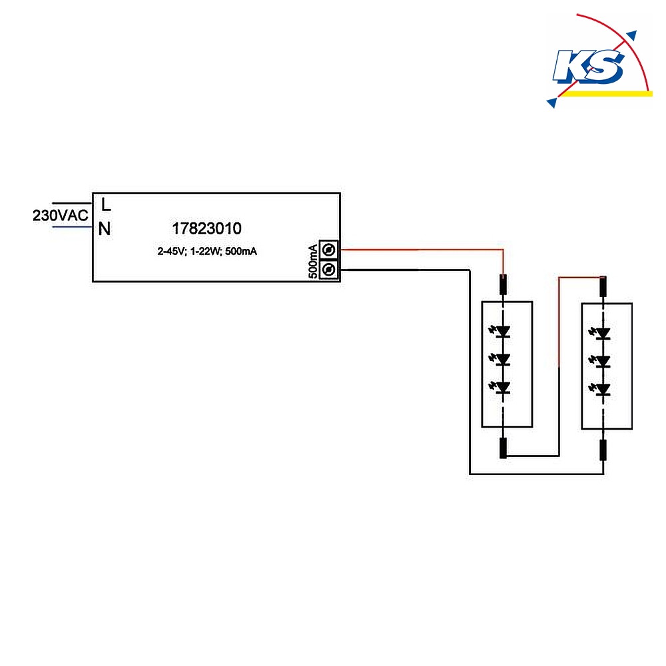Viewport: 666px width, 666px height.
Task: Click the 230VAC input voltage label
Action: coord(61,215)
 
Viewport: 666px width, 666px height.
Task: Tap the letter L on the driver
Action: coord(106,205)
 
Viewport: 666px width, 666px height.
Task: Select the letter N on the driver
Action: coord(105,229)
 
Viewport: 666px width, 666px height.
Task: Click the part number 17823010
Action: coord(207,228)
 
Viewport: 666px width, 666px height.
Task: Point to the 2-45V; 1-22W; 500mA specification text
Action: coord(207,252)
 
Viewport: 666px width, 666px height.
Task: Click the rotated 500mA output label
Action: coord(312,261)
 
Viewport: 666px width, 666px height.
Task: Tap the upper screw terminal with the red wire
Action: coord(328,250)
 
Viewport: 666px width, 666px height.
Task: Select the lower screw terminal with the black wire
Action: coord(328,269)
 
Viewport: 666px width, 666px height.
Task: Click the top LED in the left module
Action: coord(500,331)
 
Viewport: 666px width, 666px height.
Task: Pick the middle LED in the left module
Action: coord(500,360)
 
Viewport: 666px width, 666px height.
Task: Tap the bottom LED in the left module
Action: coord(500,388)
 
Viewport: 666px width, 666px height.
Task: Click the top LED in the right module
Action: coord(600,334)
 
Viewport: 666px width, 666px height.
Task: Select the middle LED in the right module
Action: coord(600,362)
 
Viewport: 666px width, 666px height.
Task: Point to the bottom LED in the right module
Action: coord(600,389)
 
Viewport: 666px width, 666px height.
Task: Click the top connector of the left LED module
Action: coord(503,284)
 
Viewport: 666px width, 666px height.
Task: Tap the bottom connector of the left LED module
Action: coord(503,448)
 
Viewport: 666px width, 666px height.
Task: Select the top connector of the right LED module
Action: coord(603,286)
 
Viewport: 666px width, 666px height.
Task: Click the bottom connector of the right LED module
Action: coord(603,450)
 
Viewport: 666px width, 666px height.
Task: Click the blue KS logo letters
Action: coord(588,66)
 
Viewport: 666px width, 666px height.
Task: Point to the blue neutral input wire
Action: coord(72,227)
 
